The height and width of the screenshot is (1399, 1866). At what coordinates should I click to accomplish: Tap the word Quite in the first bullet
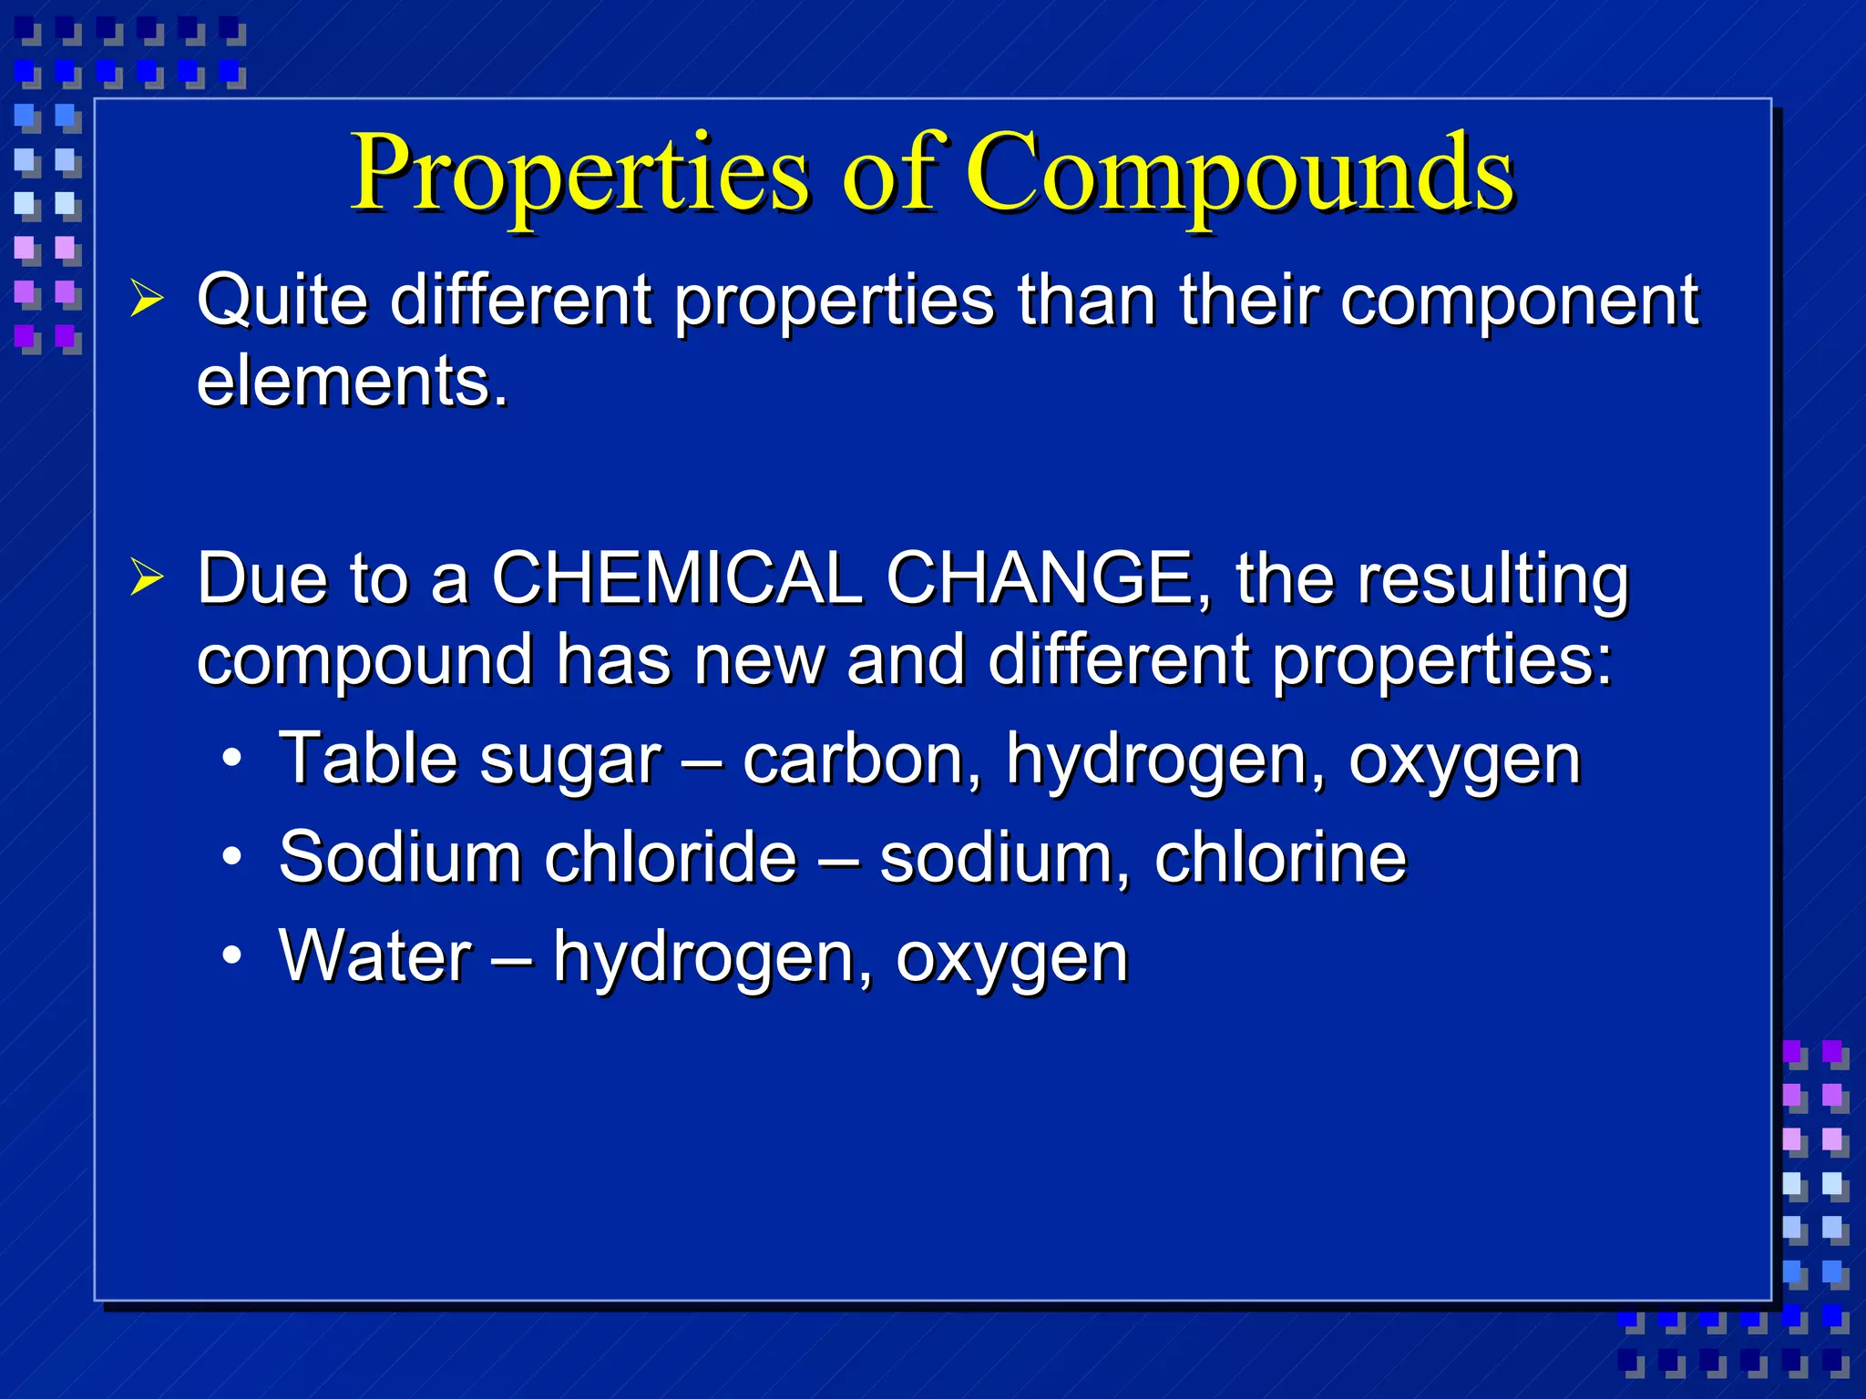[x=282, y=301]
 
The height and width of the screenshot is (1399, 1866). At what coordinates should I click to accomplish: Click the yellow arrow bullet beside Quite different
[x=147, y=299]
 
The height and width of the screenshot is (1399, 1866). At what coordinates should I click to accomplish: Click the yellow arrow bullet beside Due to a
[x=147, y=577]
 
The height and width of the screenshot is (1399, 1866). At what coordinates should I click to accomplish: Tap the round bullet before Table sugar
[x=232, y=759]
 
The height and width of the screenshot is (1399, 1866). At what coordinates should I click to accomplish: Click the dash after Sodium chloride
[x=837, y=859]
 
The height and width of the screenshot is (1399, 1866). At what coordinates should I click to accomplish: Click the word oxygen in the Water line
[x=1011, y=959]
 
